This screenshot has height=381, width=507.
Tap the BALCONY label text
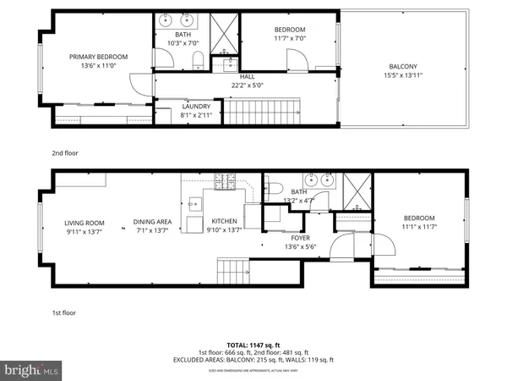(x=402, y=67)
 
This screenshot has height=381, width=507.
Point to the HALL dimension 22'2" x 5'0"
(x=247, y=85)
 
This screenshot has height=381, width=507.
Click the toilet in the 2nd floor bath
(x=197, y=58)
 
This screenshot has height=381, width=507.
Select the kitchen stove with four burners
(x=226, y=180)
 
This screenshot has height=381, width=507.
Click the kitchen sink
(x=194, y=203)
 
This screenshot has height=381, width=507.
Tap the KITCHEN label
(x=224, y=221)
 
